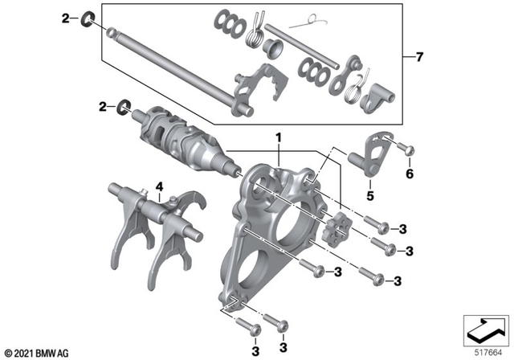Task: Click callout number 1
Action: (279, 138)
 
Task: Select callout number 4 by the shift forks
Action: (161, 190)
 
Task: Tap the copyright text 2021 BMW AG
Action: (36, 352)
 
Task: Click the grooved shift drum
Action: (181, 137)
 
